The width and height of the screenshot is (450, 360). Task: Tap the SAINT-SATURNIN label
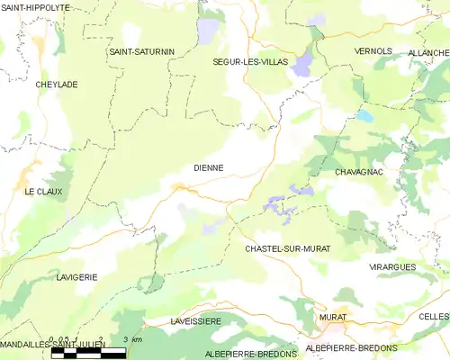pos(141,51)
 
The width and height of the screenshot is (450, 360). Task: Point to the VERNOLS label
pos(373,51)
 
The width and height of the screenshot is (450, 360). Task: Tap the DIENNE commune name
pos(208,167)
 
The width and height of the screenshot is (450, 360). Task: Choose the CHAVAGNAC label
pos(359,171)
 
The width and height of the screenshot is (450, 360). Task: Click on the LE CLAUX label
pos(41,192)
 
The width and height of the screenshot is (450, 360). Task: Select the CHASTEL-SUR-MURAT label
pos(287,247)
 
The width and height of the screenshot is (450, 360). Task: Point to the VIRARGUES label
pos(393,267)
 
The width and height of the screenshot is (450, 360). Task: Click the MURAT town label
pos(332,318)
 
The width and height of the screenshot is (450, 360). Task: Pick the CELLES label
pos(433,317)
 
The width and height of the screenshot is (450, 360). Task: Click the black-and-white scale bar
pos(88,352)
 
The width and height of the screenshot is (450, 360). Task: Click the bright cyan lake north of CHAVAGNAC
pos(364,116)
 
